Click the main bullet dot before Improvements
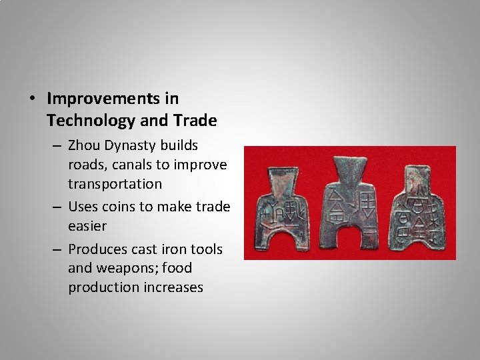pos(32,99)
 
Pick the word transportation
pos(115,183)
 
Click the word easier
pos(87,226)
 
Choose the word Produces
pos(99,249)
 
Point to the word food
pos(177,268)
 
